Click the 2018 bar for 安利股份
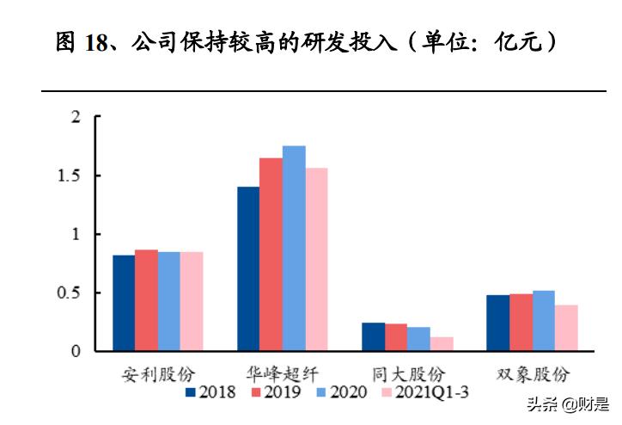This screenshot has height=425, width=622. [x=124, y=303]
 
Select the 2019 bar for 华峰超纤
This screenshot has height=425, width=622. [x=271, y=255]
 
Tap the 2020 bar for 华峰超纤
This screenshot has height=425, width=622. [x=294, y=249]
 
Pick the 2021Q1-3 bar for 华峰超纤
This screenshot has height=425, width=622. [x=316, y=259]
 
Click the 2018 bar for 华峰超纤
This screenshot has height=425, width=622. [x=248, y=268]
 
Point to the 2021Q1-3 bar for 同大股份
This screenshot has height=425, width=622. [x=442, y=344]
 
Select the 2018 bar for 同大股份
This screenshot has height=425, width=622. [x=374, y=336]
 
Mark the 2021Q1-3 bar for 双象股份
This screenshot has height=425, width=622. [x=566, y=328]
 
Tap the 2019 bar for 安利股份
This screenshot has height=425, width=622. [x=146, y=300]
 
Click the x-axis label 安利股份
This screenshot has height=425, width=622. [x=158, y=374]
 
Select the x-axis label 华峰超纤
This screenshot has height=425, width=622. [x=283, y=374]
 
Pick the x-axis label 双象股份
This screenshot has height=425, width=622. [x=533, y=374]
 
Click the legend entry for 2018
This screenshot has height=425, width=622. [x=211, y=392]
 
